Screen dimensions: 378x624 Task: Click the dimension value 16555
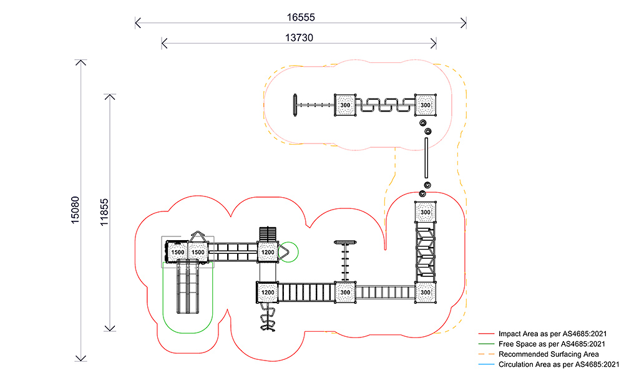pos(300,11)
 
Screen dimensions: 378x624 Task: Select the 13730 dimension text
pos(299,37)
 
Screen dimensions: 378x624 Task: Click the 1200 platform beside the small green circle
pos(268,252)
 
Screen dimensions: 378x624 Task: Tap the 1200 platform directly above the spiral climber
pos(268,292)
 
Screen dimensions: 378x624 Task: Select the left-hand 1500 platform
pos(177,252)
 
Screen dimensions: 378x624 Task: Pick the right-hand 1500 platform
pos(198,252)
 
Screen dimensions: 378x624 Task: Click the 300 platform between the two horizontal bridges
pos(345,292)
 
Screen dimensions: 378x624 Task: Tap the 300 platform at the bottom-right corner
pos(425,292)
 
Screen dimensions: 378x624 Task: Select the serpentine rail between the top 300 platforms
pos(385,105)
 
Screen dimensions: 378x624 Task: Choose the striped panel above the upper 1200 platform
pos(267,234)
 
